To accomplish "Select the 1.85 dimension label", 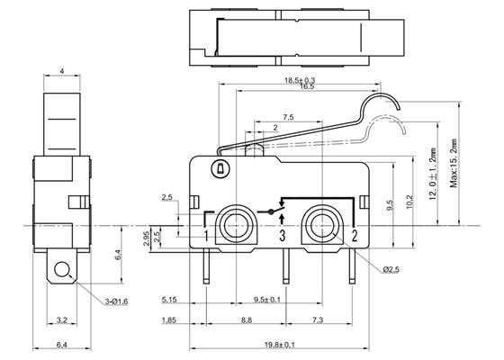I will (x=168, y=319).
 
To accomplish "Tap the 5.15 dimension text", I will (x=168, y=299).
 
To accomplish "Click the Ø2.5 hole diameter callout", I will (x=390, y=269).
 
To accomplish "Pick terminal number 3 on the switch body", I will (x=282, y=238).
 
